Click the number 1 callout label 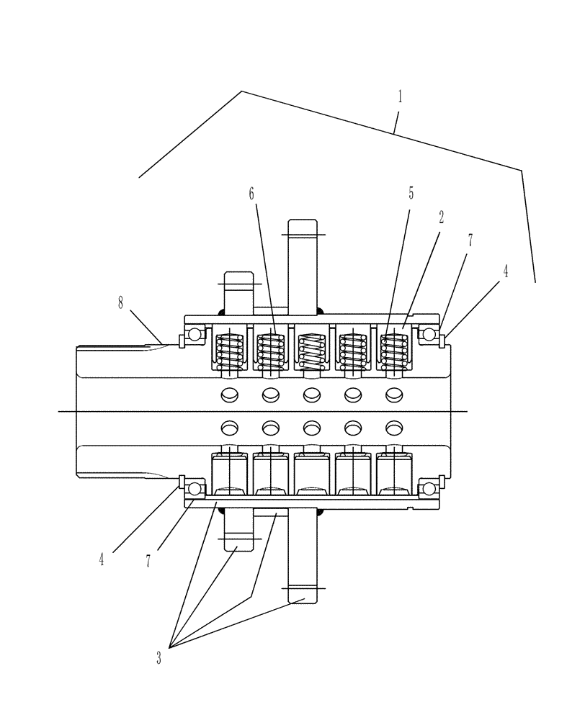pos(400,98)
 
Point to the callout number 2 pos(441,217)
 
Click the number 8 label pos(121,303)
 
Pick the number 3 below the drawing pos(158,657)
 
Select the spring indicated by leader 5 pos(394,348)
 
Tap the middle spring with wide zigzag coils pos(312,348)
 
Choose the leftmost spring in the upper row pos(230,348)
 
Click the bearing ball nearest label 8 pos(194,335)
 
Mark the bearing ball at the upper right pos(429,335)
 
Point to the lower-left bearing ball pos(194,489)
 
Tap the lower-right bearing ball pos(429,489)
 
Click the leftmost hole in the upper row pos(230,394)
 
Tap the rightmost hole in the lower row pos(394,428)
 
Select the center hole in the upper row pos(312,394)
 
